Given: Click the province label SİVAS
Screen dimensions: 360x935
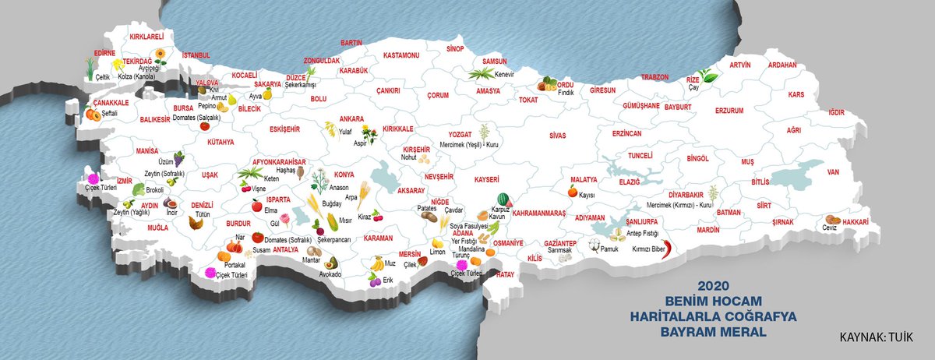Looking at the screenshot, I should click(x=557, y=136).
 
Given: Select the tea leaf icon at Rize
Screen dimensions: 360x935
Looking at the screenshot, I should click(x=708, y=76).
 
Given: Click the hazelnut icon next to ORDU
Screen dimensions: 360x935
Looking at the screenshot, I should click(x=549, y=84).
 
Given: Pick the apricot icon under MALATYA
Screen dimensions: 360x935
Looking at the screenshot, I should click(x=572, y=191).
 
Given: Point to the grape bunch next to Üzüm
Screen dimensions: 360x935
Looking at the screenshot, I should click(x=178, y=158).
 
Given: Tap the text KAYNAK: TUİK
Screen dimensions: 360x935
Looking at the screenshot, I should click(x=877, y=339).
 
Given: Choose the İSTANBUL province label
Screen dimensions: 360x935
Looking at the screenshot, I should click(x=196, y=56).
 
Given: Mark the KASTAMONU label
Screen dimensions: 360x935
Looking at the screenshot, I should click(x=402, y=55).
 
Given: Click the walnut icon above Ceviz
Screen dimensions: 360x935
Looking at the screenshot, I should click(x=833, y=219).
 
